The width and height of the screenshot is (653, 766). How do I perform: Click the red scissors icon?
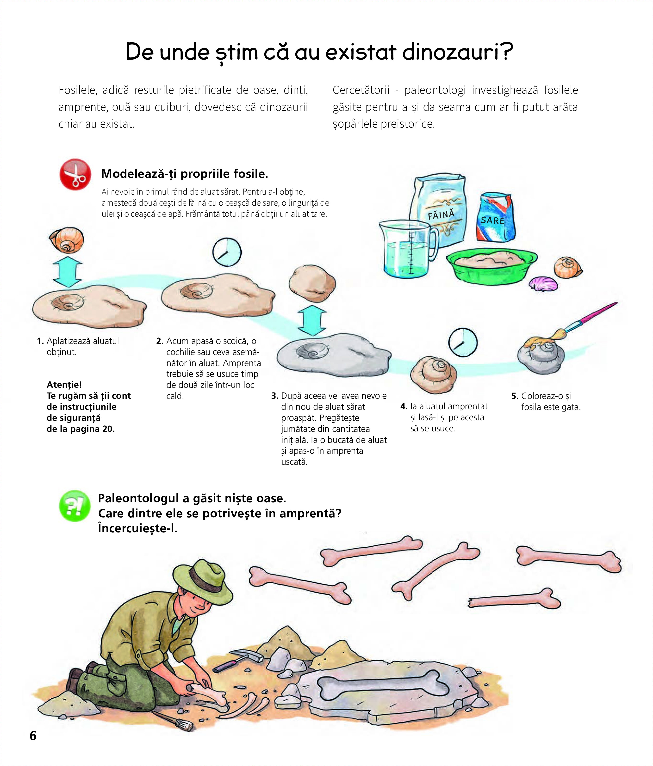pyautogui.click(x=75, y=174)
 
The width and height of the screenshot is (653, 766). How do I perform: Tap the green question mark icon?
pyautogui.click(x=75, y=506)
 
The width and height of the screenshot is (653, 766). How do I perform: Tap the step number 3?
pyautogui.click(x=274, y=396)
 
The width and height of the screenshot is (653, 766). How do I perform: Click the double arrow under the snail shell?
pyautogui.click(x=68, y=272)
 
